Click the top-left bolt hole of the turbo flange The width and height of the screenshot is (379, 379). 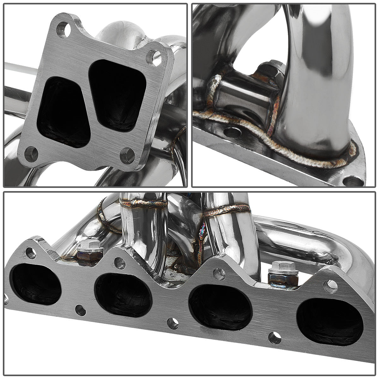click(x=63, y=29)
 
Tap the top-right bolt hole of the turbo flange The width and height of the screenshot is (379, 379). click(x=154, y=57)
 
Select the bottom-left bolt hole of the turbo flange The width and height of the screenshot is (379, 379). click(x=31, y=154)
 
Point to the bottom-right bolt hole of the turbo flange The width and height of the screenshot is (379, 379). click(x=128, y=155)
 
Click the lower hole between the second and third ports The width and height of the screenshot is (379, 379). click(x=172, y=322)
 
